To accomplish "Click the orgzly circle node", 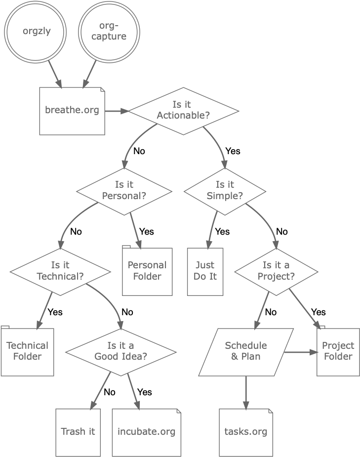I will tap(37, 32).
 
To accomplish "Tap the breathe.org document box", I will tap(72, 111).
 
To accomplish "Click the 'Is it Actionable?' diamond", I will tap(184, 111).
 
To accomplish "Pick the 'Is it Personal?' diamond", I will tap(124, 190).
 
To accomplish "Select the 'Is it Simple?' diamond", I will tap(225, 190).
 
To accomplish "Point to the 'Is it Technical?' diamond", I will tap(60, 271).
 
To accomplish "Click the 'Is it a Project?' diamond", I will tap(276, 271).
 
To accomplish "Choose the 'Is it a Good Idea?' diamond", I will tap(121, 351).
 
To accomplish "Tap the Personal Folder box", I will tap(148, 271).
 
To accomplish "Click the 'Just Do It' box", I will tap(205, 271).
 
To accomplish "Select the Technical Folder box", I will tap(27, 351).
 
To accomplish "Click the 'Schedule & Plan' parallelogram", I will tap(245, 351).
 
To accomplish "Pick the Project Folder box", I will tap(338, 351).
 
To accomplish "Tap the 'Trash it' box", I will tap(78, 431).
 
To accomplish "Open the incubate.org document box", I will tap(146, 431).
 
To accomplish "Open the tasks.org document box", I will tap(245, 431).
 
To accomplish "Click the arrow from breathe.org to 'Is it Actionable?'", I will tap(117, 111).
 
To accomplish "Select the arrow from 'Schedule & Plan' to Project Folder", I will tap(300, 352).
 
